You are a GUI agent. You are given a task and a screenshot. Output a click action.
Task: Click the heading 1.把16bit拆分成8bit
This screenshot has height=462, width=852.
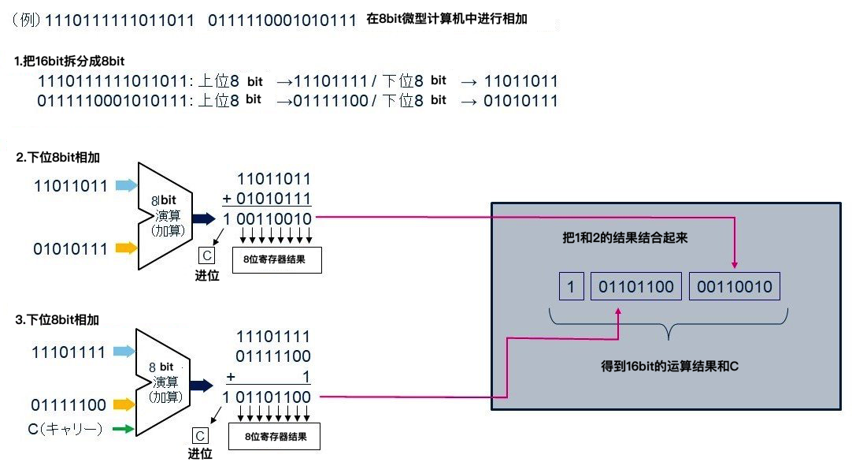tap(70, 61)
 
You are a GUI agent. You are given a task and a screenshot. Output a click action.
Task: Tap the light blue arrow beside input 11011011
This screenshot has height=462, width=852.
tap(125, 186)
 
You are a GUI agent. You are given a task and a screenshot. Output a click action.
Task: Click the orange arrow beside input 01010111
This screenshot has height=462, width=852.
tap(125, 248)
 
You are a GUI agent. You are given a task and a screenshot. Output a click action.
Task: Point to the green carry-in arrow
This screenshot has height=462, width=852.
tap(122, 429)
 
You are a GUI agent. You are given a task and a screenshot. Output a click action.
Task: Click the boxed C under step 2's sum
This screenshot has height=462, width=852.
tap(207, 256)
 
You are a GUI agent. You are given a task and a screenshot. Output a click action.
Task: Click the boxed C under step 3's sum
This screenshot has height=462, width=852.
tap(200, 436)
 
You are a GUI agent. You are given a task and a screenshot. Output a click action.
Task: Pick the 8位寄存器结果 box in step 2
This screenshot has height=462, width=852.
tap(276, 259)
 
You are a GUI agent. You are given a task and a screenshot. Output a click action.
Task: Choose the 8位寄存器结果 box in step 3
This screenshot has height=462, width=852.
tap(275, 436)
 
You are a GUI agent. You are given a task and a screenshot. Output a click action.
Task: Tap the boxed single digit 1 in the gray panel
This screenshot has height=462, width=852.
tap(571, 287)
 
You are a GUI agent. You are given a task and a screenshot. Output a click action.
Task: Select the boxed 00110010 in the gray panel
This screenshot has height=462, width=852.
tap(734, 287)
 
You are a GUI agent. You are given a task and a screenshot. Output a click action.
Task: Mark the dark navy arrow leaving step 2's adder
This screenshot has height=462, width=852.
tap(204, 218)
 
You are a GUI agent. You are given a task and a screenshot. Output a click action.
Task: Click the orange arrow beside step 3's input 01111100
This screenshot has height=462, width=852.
tap(124, 405)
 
